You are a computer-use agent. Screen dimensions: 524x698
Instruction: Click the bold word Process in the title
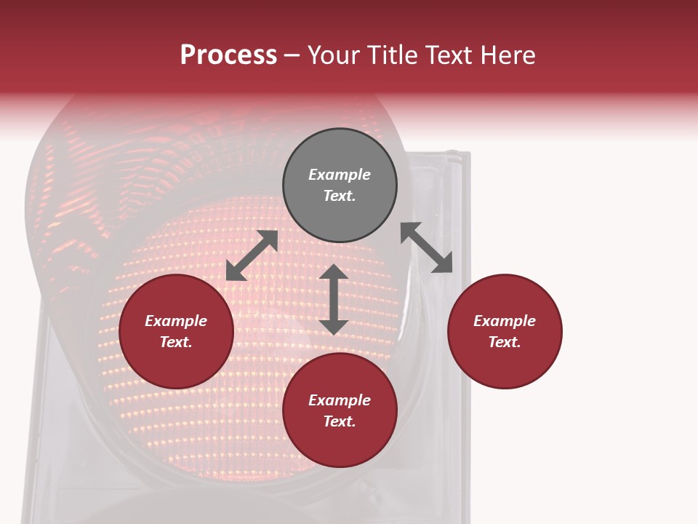pyautogui.click(x=228, y=55)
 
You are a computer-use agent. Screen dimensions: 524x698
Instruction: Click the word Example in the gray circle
pyautogui.click(x=340, y=175)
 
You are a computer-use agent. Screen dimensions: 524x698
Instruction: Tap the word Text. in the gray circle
pyautogui.click(x=340, y=196)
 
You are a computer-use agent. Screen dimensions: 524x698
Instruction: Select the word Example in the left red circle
pyautogui.click(x=176, y=321)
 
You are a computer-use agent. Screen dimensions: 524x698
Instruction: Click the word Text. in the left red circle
pyautogui.click(x=176, y=342)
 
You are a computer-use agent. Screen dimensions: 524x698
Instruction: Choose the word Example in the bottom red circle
pyautogui.click(x=340, y=400)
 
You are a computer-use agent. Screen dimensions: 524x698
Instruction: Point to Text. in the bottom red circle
pyautogui.click(x=340, y=421)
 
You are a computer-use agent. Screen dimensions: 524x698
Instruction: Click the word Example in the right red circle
pyautogui.click(x=505, y=321)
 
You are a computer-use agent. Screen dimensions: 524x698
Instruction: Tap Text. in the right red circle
pyautogui.click(x=505, y=342)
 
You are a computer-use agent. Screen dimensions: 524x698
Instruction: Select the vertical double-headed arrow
pyautogui.click(x=333, y=299)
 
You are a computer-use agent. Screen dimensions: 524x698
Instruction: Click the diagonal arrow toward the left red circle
pyautogui.click(x=252, y=255)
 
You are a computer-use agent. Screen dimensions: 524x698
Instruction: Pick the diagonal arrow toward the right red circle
pyautogui.click(x=427, y=247)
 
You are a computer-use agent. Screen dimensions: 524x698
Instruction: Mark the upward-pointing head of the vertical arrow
pyautogui.click(x=333, y=272)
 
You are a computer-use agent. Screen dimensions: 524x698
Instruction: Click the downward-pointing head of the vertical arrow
pyautogui.click(x=333, y=327)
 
